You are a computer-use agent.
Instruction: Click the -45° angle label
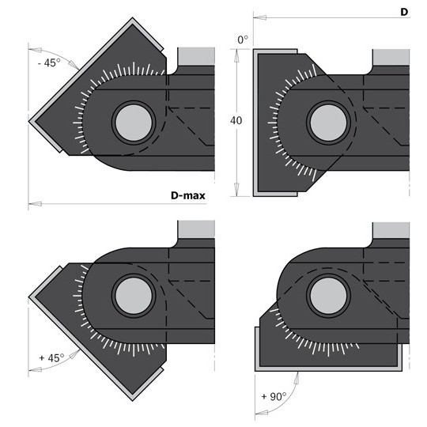pos(49,63)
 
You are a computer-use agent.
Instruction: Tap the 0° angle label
pos(243,40)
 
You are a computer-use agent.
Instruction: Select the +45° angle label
pos(51,357)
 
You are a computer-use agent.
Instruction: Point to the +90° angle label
pos(274,396)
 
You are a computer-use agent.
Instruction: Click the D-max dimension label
pos(188,195)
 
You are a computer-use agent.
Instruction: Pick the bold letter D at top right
pos(404,12)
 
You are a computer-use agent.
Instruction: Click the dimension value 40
pos(236,120)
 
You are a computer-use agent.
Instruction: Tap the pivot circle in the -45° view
pos(134,123)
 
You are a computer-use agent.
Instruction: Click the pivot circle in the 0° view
pos(328,123)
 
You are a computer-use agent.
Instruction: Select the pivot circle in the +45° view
pos(134,296)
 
